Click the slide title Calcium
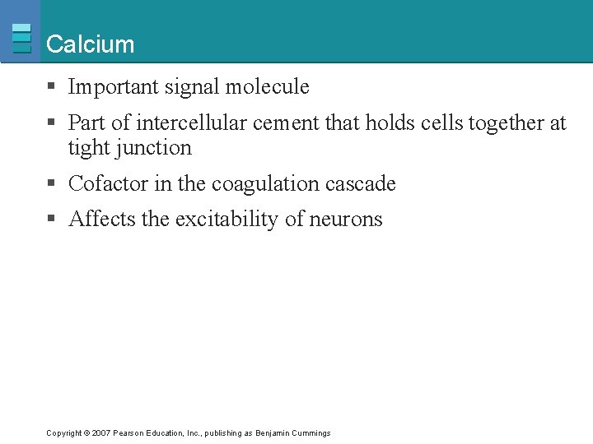coord(90,44)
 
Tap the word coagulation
coord(260,184)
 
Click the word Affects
coord(98,220)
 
